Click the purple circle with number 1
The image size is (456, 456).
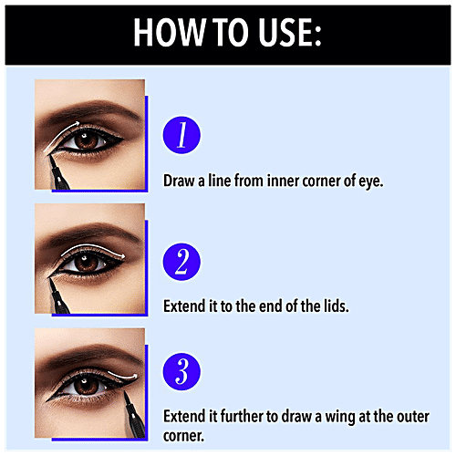click(x=181, y=136)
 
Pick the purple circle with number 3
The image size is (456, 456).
click(x=181, y=374)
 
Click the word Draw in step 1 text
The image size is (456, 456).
click(x=181, y=181)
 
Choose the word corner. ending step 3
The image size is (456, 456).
click(x=188, y=436)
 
